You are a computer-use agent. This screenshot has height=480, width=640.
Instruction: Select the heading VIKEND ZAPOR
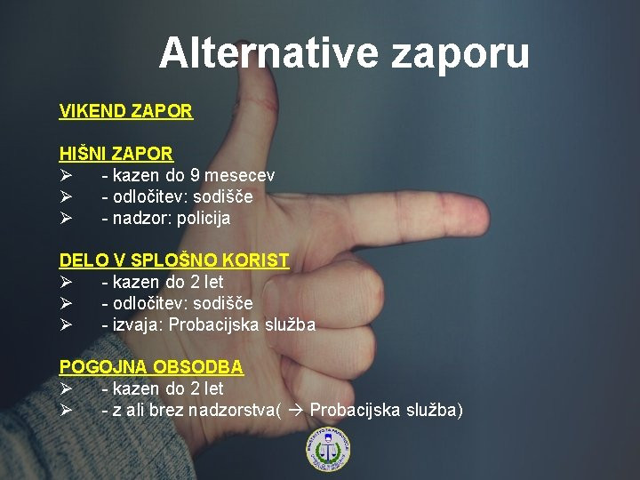[125, 111]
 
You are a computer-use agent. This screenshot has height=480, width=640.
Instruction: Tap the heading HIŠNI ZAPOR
[116, 154]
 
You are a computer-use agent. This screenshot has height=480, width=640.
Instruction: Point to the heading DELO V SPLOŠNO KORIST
[174, 260]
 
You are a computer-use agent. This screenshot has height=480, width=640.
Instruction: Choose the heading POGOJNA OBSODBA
[151, 367]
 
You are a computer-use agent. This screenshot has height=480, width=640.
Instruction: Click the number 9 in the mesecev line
[195, 175]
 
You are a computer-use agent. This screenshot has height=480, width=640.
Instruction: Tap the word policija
[204, 219]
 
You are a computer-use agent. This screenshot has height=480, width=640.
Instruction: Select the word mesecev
[240, 176]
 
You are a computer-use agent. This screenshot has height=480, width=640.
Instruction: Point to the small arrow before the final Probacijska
[296, 411]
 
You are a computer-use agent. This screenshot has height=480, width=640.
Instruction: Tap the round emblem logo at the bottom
[328, 450]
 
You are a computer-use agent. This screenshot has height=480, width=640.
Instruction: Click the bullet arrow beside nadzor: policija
[66, 218]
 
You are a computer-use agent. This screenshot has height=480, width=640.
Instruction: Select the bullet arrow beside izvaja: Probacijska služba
[66, 325]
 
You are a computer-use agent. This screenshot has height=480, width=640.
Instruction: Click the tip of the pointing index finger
[489, 216]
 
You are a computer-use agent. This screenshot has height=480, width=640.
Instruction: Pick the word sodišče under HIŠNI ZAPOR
[223, 197]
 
